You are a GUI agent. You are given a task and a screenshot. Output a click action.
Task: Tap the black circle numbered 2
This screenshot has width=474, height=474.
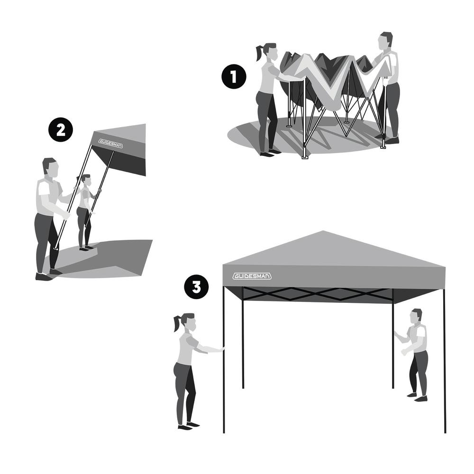coord(61,130)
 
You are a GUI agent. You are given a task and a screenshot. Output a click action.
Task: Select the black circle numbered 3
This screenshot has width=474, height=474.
coord(197,287)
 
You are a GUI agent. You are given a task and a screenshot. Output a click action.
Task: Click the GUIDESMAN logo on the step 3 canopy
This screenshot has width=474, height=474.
coord(252,276)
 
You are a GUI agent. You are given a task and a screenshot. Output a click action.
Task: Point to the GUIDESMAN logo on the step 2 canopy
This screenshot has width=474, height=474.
coord(110,143)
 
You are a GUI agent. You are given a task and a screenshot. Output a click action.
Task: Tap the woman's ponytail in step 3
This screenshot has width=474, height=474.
coord(177,323)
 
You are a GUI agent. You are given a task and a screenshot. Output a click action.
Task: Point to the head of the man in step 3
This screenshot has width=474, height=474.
coord(416,317)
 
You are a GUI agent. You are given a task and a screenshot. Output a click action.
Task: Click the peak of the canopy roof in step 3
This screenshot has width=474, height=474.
coord(323,231)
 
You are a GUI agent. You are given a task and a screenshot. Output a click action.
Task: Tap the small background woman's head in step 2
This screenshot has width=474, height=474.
coord(86,180)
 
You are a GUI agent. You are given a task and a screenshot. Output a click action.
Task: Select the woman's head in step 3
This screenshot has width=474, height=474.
coord(189,322)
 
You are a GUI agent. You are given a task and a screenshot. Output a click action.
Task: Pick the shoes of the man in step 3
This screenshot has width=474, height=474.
coord(417,397)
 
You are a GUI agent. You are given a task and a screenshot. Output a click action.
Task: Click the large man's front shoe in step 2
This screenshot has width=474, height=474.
coord(44,277)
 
